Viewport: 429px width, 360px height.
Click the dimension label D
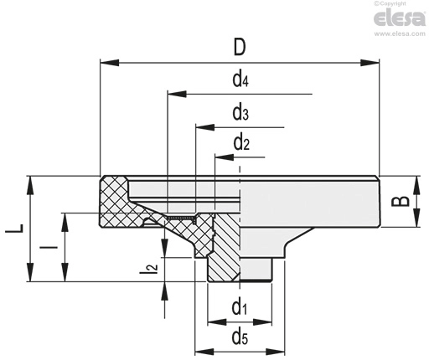[240, 47]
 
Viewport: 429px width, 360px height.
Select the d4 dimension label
[240, 80]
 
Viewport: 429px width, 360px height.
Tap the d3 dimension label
[240, 113]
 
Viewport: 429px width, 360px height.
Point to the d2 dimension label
[241, 143]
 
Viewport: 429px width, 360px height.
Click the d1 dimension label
[240, 306]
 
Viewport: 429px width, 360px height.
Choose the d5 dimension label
[240, 337]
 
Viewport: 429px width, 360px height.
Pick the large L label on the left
[14, 229]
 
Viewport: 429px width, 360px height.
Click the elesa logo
[400, 18]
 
